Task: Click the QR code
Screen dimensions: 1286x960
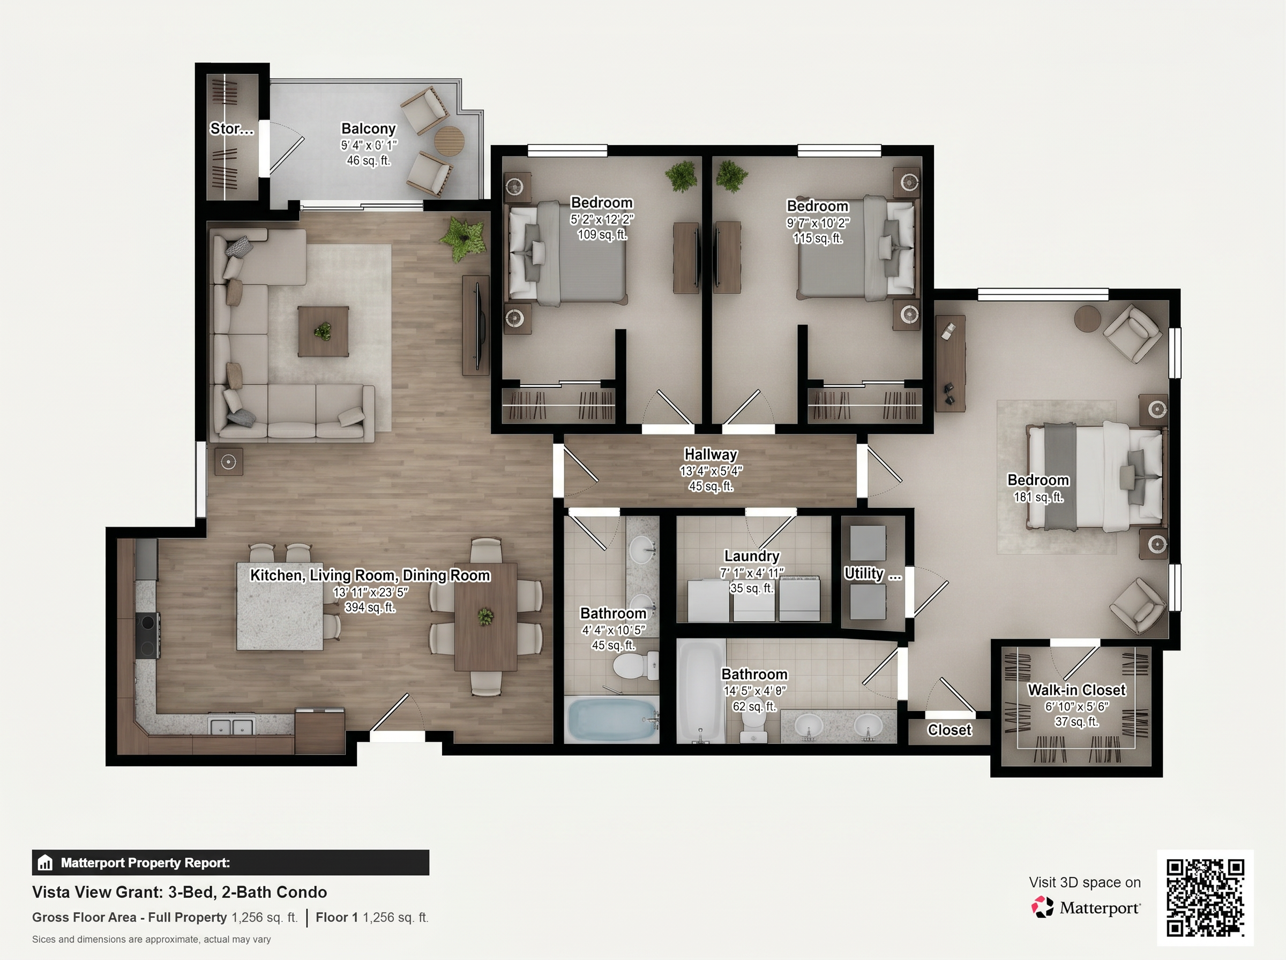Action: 1205,897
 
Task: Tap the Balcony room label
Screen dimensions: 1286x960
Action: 369,129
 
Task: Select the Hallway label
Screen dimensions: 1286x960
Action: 711,454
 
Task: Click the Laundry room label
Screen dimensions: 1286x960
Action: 752,556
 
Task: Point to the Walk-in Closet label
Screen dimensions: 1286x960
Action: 1077,690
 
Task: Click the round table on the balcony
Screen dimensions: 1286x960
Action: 450,141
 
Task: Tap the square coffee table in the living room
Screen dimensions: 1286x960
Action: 323,331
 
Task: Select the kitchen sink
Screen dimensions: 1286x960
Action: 232,726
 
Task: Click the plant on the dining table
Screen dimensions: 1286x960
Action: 485,617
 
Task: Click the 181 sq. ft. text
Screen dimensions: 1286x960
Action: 1038,497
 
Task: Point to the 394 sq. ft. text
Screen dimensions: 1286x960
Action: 370,607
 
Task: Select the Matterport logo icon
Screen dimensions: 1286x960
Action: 1043,907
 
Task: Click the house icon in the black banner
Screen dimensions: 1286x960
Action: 46,863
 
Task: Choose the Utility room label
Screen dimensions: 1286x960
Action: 872,574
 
